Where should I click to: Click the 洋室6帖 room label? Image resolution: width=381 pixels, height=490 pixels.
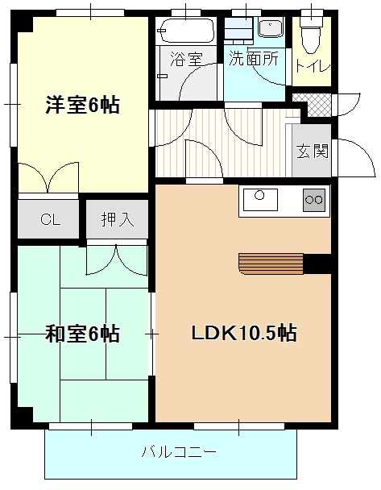coord(82,105)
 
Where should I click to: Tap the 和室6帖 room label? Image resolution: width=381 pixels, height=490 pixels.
coord(82,333)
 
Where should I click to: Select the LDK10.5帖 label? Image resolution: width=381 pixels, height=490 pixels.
coord(243,333)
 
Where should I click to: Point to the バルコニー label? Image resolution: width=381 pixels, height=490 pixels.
coord(178,453)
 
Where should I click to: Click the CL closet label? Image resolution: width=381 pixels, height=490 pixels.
coord(50,219)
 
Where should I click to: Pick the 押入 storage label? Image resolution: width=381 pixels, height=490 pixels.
coord(118,219)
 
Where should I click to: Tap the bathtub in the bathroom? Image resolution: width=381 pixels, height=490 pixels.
coord(184,32)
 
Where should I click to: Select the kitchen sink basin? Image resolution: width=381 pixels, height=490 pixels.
coord(259,197)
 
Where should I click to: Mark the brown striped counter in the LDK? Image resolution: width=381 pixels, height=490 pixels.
coord(271,263)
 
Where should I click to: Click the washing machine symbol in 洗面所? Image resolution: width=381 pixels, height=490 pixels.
coord(238,31)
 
